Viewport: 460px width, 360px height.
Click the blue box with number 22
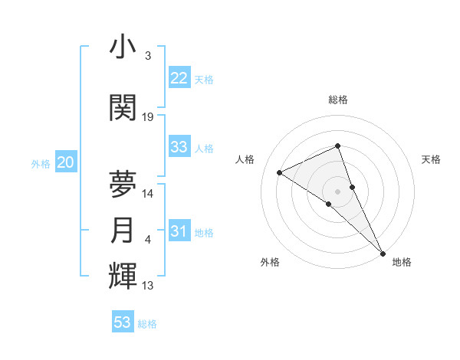click(x=179, y=78)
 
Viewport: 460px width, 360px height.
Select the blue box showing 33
click(x=179, y=147)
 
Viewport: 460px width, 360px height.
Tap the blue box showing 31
click(x=179, y=231)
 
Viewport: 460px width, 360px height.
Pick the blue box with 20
click(x=66, y=162)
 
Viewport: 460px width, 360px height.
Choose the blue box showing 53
click(x=123, y=322)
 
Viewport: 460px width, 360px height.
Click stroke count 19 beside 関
click(x=148, y=117)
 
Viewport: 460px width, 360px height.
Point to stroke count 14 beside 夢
click(x=148, y=194)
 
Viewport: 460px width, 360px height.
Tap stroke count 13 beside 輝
click(x=148, y=286)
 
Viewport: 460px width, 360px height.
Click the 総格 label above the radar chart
click(x=337, y=100)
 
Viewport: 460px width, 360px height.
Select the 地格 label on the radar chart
click(x=402, y=262)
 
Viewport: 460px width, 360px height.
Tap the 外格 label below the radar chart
click(x=270, y=262)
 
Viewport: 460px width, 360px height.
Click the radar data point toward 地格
click(x=383, y=252)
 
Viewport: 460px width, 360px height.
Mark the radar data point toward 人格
click(x=279, y=172)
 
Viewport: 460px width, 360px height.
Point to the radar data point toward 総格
click(x=337, y=146)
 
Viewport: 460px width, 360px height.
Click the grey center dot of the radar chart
click(x=337, y=190)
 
